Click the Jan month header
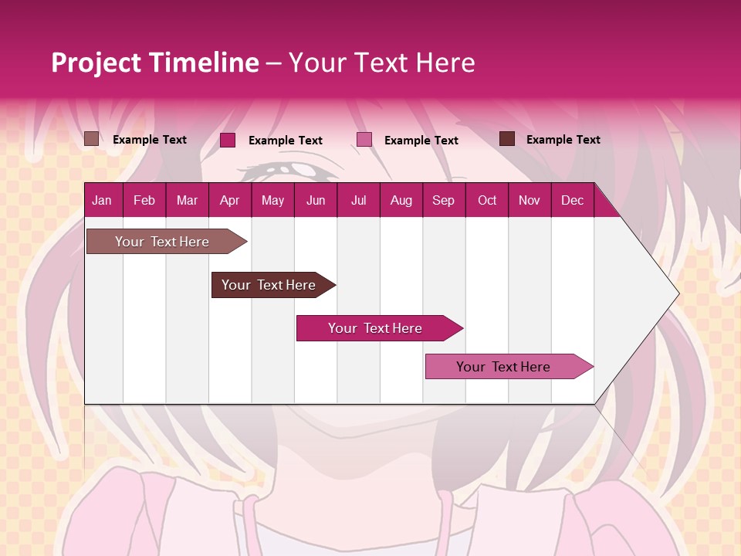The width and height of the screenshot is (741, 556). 102,200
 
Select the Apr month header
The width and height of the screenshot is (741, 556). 229,200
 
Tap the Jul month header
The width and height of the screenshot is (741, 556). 358,200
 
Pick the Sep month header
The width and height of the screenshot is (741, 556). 443,200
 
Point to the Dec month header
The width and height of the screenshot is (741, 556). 572,200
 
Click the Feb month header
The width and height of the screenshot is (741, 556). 144,200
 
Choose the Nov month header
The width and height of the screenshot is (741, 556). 529,200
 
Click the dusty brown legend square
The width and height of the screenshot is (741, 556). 91,139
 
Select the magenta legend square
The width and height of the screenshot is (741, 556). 228,140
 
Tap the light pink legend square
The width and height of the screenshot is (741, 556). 364,140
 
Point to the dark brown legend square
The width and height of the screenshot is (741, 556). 507,139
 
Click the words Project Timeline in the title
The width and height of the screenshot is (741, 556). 155,63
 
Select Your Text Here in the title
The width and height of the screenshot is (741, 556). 381,63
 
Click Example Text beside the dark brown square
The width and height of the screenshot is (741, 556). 563,140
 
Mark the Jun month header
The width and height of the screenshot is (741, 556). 316,200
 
